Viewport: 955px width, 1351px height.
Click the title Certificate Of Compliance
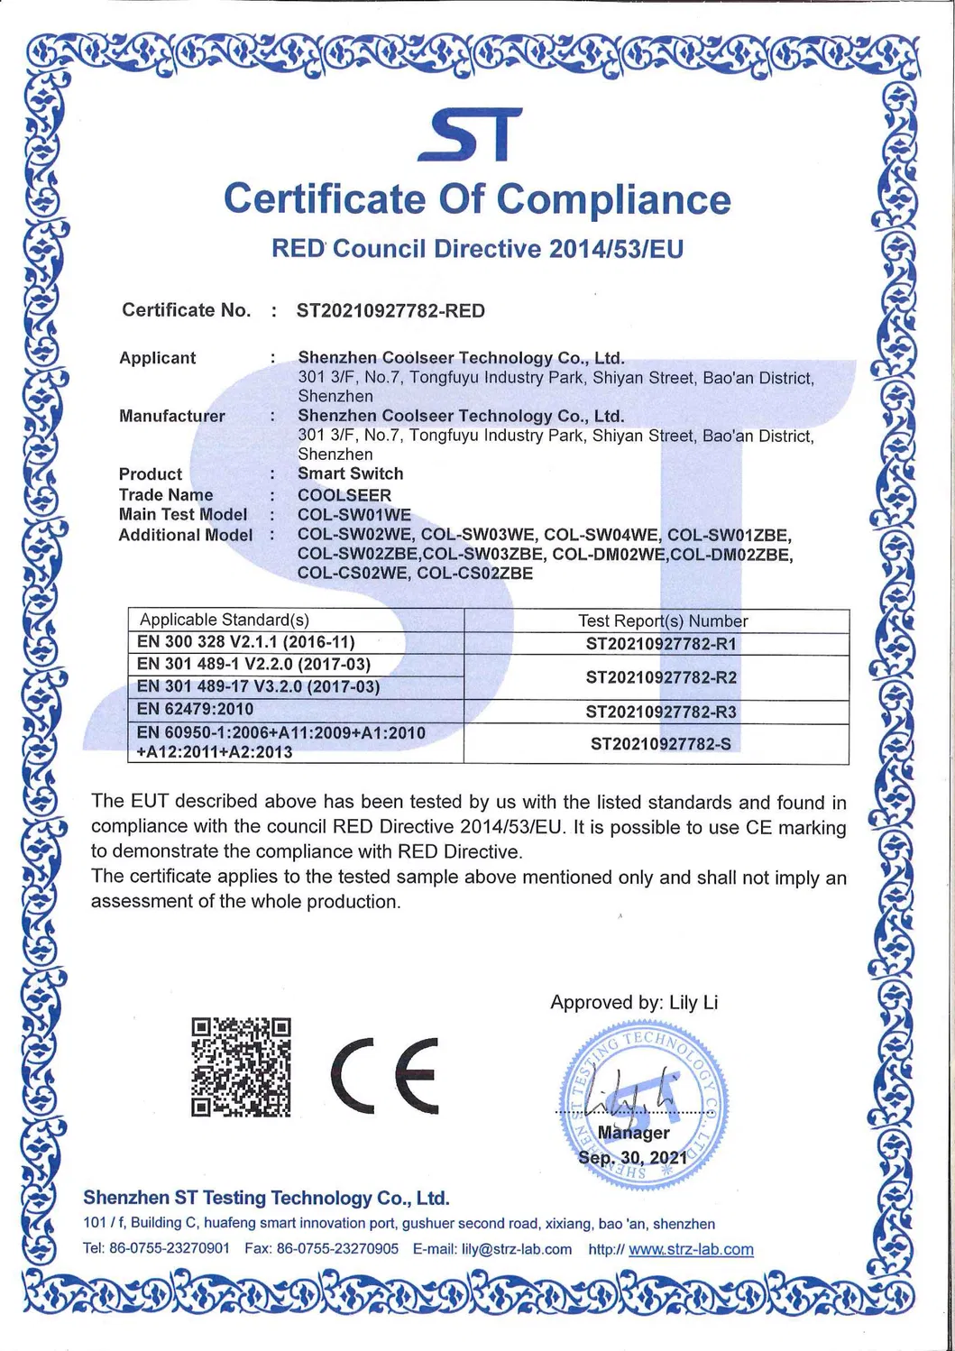pyautogui.click(x=477, y=199)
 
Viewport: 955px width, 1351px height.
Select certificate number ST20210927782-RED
pyautogui.click(x=390, y=311)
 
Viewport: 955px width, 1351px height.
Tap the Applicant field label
pyautogui.click(x=157, y=358)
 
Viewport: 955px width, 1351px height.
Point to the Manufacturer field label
pyautogui.click(x=171, y=416)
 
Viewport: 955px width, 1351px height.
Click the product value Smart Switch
pyautogui.click(x=350, y=473)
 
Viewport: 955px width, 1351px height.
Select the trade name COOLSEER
pyautogui.click(x=344, y=495)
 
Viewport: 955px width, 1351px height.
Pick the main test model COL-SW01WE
pyautogui.click(x=354, y=515)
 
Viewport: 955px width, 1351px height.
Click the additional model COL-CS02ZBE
pyautogui.click(x=475, y=574)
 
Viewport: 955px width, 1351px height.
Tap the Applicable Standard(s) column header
pyautogui.click(x=224, y=620)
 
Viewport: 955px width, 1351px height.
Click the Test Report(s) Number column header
pyautogui.click(x=662, y=621)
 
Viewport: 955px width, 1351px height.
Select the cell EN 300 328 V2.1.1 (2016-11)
pyautogui.click(x=245, y=642)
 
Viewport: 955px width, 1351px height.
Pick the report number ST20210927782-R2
pyautogui.click(x=661, y=677)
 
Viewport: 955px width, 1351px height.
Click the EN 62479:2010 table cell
pyautogui.click(x=195, y=710)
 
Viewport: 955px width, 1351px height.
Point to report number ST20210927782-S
pyautogui.click(x=660, y=744)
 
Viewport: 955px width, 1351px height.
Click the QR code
pyautogui.click(x=241, y=1067)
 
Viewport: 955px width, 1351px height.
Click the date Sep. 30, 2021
pyautogui.click(x=632, y=1157)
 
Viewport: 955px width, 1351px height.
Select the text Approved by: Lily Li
pyautogui.click(x=634, y=1003)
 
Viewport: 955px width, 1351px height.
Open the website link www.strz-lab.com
pyautogui.click(x=691, y=1249)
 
